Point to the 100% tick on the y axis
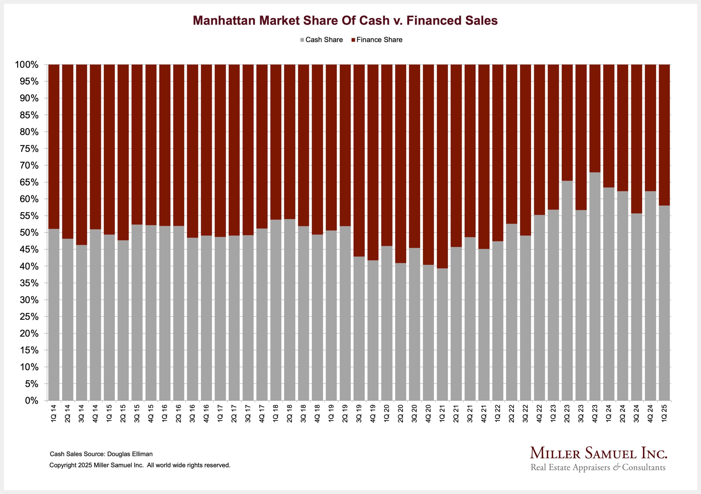[27, 65]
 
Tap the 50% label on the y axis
[29, 233]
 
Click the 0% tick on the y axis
[31, 401]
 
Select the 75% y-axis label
[29, 149]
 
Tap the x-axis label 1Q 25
[664, 414]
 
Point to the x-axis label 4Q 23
[595, 414]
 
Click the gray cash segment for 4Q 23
[595, 287]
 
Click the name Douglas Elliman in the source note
[130, 454]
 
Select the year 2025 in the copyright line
[85, 465]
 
